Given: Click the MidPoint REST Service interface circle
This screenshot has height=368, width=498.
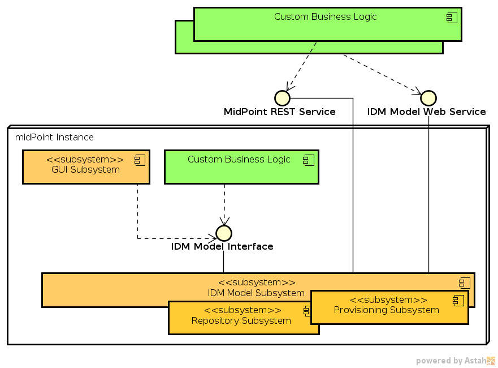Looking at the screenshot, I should [x=282, y=98].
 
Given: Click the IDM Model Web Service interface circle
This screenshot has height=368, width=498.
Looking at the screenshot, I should [x=428, y=98].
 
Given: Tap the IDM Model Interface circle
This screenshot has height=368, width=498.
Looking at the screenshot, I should [x=224, y=233].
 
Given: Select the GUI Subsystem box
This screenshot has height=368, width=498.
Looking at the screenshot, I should [x=86, y=167].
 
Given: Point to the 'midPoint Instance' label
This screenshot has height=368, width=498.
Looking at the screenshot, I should [x=54, y=138].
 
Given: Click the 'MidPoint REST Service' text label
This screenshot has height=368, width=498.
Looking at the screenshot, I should [x=280, y=112].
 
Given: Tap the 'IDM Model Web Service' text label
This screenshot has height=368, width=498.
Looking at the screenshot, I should [x=427, y=112].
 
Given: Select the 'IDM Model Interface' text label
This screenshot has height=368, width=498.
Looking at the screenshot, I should [x=222, y=247].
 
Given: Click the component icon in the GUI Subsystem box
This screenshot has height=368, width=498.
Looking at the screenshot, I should [x=140, y=161].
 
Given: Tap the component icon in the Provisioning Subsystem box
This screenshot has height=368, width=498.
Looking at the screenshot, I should [x=458, y=301].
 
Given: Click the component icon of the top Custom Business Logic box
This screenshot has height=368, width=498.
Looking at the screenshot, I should [x=452, y=18].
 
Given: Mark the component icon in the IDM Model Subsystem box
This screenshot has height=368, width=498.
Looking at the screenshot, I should [x=464, y=283].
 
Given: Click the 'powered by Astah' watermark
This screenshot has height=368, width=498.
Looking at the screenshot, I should [x=455, y=361].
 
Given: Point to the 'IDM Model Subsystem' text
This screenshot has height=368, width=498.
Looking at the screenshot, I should [x=256, y=293].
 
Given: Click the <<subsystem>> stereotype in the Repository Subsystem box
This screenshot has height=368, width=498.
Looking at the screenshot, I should [x=242, y=310].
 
